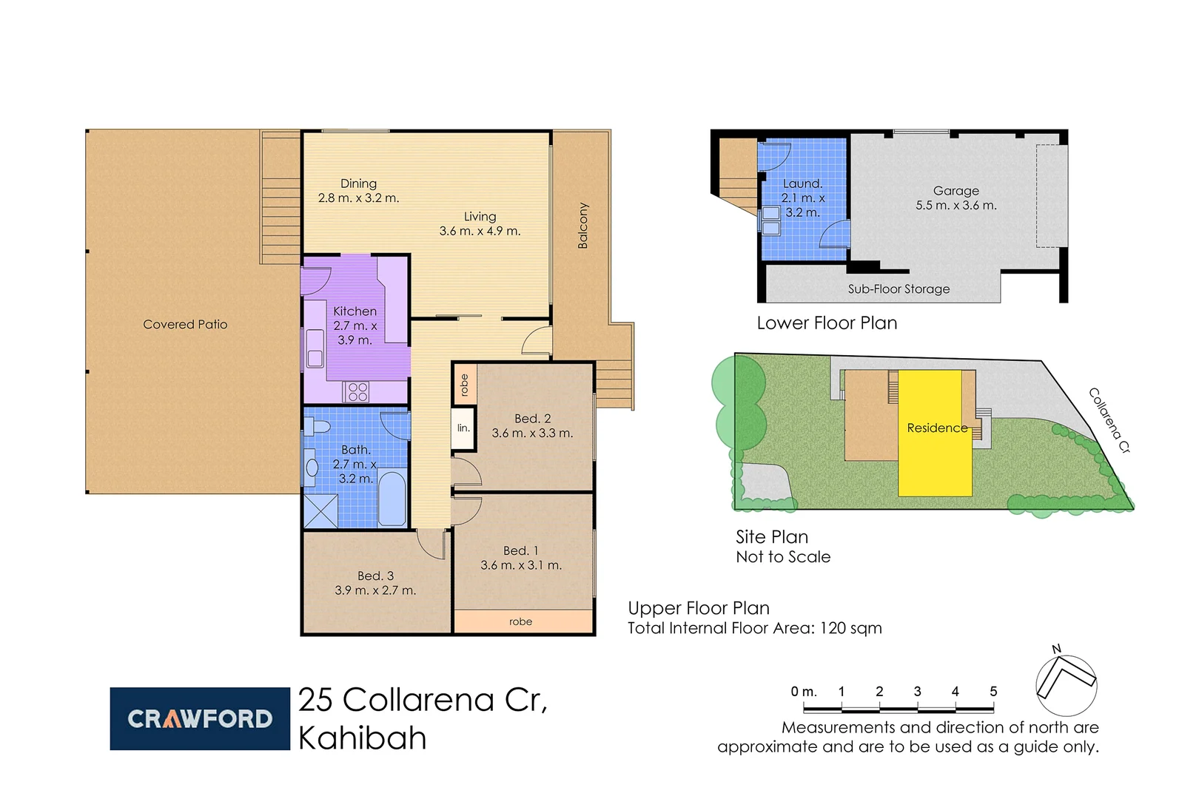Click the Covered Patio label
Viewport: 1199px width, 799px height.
point(185,324)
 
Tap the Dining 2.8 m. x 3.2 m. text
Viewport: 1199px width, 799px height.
point(358,191)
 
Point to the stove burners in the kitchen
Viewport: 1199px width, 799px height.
point(357,391)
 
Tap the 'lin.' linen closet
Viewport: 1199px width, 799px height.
point(463,428)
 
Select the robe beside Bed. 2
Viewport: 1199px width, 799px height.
point(464,385)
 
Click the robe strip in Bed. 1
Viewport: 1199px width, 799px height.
point(521,621)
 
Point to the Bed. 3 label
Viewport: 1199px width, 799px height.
point(375,576)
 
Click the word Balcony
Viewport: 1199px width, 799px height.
point(582,226)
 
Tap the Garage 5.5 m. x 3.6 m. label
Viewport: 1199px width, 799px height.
point(955,198)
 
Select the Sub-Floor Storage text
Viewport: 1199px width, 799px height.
point(899,289)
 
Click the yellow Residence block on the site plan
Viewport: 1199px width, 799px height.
point(934,459)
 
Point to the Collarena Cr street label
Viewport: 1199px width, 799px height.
point(1109,420)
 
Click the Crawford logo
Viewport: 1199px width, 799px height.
point(200,718)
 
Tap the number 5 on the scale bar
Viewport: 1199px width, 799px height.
point(993,691)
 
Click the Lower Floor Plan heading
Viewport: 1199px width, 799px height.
point(827,323)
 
